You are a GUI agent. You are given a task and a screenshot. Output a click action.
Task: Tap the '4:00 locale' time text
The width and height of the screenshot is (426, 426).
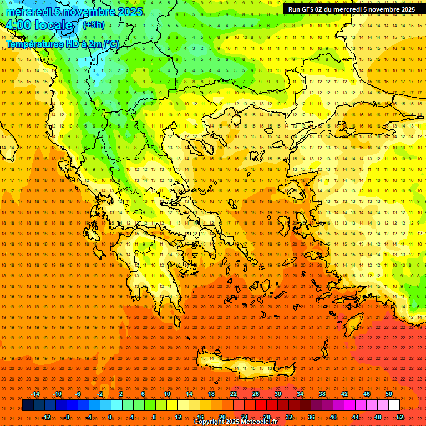click(x=39, y=26)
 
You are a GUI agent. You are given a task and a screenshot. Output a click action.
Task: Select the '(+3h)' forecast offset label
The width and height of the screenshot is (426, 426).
click(x=93, y=24)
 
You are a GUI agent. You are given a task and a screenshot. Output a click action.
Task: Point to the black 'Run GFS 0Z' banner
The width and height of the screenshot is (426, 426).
click(x=351, y=9)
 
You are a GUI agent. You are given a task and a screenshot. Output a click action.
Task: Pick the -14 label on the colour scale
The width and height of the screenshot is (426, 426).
click(x=35, y=394)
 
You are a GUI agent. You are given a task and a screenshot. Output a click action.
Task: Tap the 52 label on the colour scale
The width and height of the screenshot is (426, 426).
click(x=400, y=417)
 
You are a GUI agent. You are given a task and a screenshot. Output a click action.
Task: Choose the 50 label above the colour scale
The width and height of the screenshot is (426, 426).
click(x=388, y=394)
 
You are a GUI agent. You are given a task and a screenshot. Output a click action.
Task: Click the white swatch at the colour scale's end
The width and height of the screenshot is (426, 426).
click(x=394, y=405)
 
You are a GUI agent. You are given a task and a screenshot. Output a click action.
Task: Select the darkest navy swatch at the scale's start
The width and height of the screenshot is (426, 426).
click(x=28, y=405)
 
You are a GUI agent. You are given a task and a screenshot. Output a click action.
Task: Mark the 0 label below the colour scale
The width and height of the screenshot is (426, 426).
click(x=110, y=417)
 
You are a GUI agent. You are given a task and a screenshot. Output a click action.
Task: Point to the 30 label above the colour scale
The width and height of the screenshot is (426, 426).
click(x=277, y=394)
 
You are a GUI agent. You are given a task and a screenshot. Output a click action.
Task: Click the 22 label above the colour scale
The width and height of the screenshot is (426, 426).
click(x=234, y=394)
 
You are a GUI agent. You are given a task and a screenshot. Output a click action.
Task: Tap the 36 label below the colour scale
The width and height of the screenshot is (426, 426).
click(x=311, y=417)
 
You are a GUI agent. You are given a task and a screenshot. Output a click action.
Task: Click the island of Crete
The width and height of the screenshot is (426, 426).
click(x=239, y=366)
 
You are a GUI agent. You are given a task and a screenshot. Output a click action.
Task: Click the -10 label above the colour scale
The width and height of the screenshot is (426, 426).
click(x=57, y=394)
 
